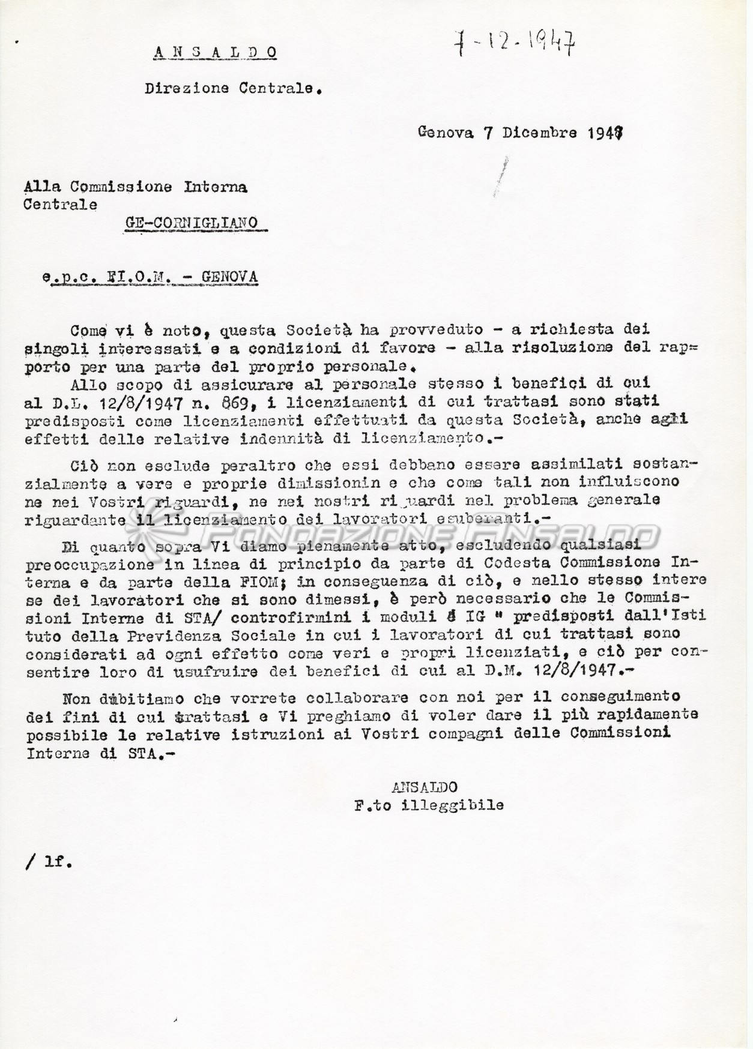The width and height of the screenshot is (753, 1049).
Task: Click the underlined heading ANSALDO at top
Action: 216,53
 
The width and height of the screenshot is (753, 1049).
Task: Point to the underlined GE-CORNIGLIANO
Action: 192,223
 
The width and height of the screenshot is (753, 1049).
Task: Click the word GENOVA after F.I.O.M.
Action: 229,277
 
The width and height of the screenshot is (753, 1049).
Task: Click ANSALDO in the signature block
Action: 425,787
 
